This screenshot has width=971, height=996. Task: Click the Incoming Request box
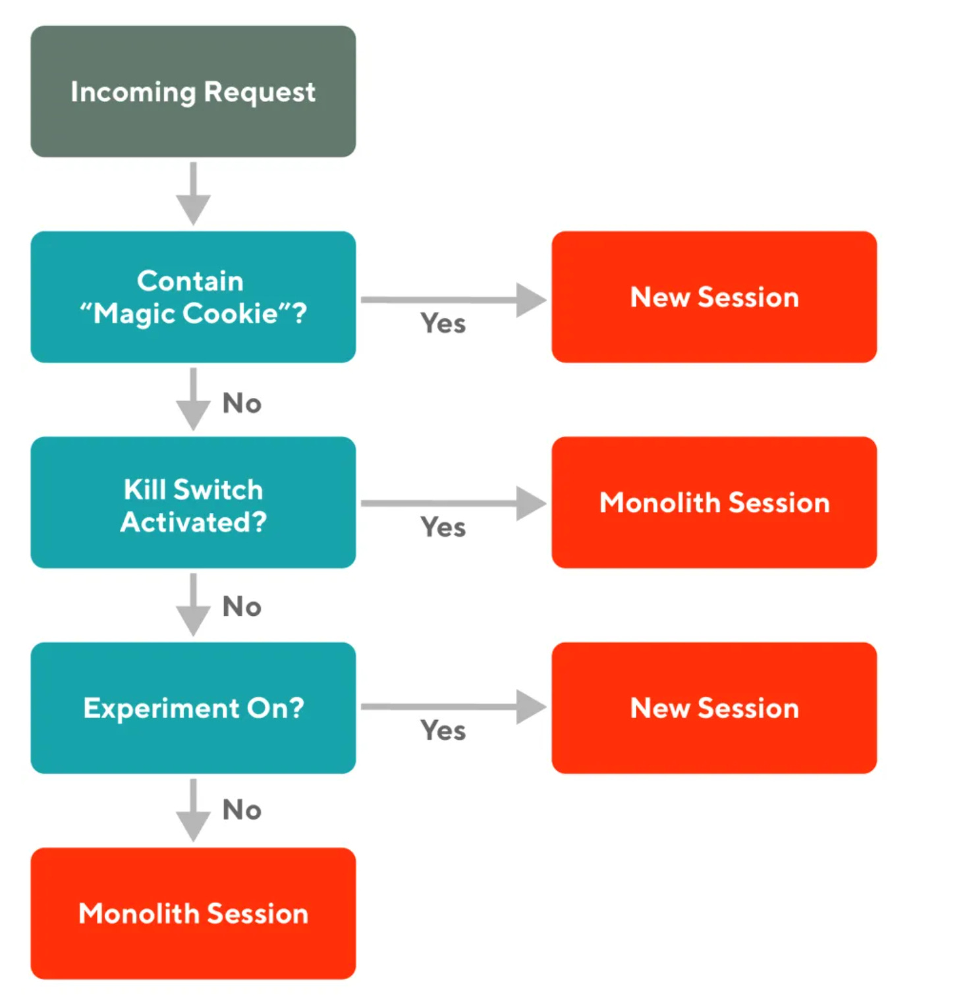[193, 91]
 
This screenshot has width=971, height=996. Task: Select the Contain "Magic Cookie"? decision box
[193, 296]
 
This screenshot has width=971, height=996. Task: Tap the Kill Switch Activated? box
[193, 502]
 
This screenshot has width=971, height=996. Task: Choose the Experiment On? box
[193, 707]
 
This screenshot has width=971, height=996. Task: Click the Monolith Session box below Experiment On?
[193, 913]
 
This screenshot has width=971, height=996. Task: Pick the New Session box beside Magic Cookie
[714, 296]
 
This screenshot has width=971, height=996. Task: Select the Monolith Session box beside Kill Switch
[714, 502]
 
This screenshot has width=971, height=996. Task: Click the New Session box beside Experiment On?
[714, 707]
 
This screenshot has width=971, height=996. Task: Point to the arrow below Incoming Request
[193, 194]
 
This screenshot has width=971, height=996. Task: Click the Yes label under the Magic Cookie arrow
[443, 323]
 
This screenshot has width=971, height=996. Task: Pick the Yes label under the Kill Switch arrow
[443, 527]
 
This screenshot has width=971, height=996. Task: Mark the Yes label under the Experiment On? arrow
[443, 731]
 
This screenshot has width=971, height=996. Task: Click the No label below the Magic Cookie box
[242, 403]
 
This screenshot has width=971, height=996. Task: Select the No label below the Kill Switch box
[242, 607]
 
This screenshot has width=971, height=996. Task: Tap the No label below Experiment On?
[242, 810]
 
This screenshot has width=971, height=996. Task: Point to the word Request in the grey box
[260, 92]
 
